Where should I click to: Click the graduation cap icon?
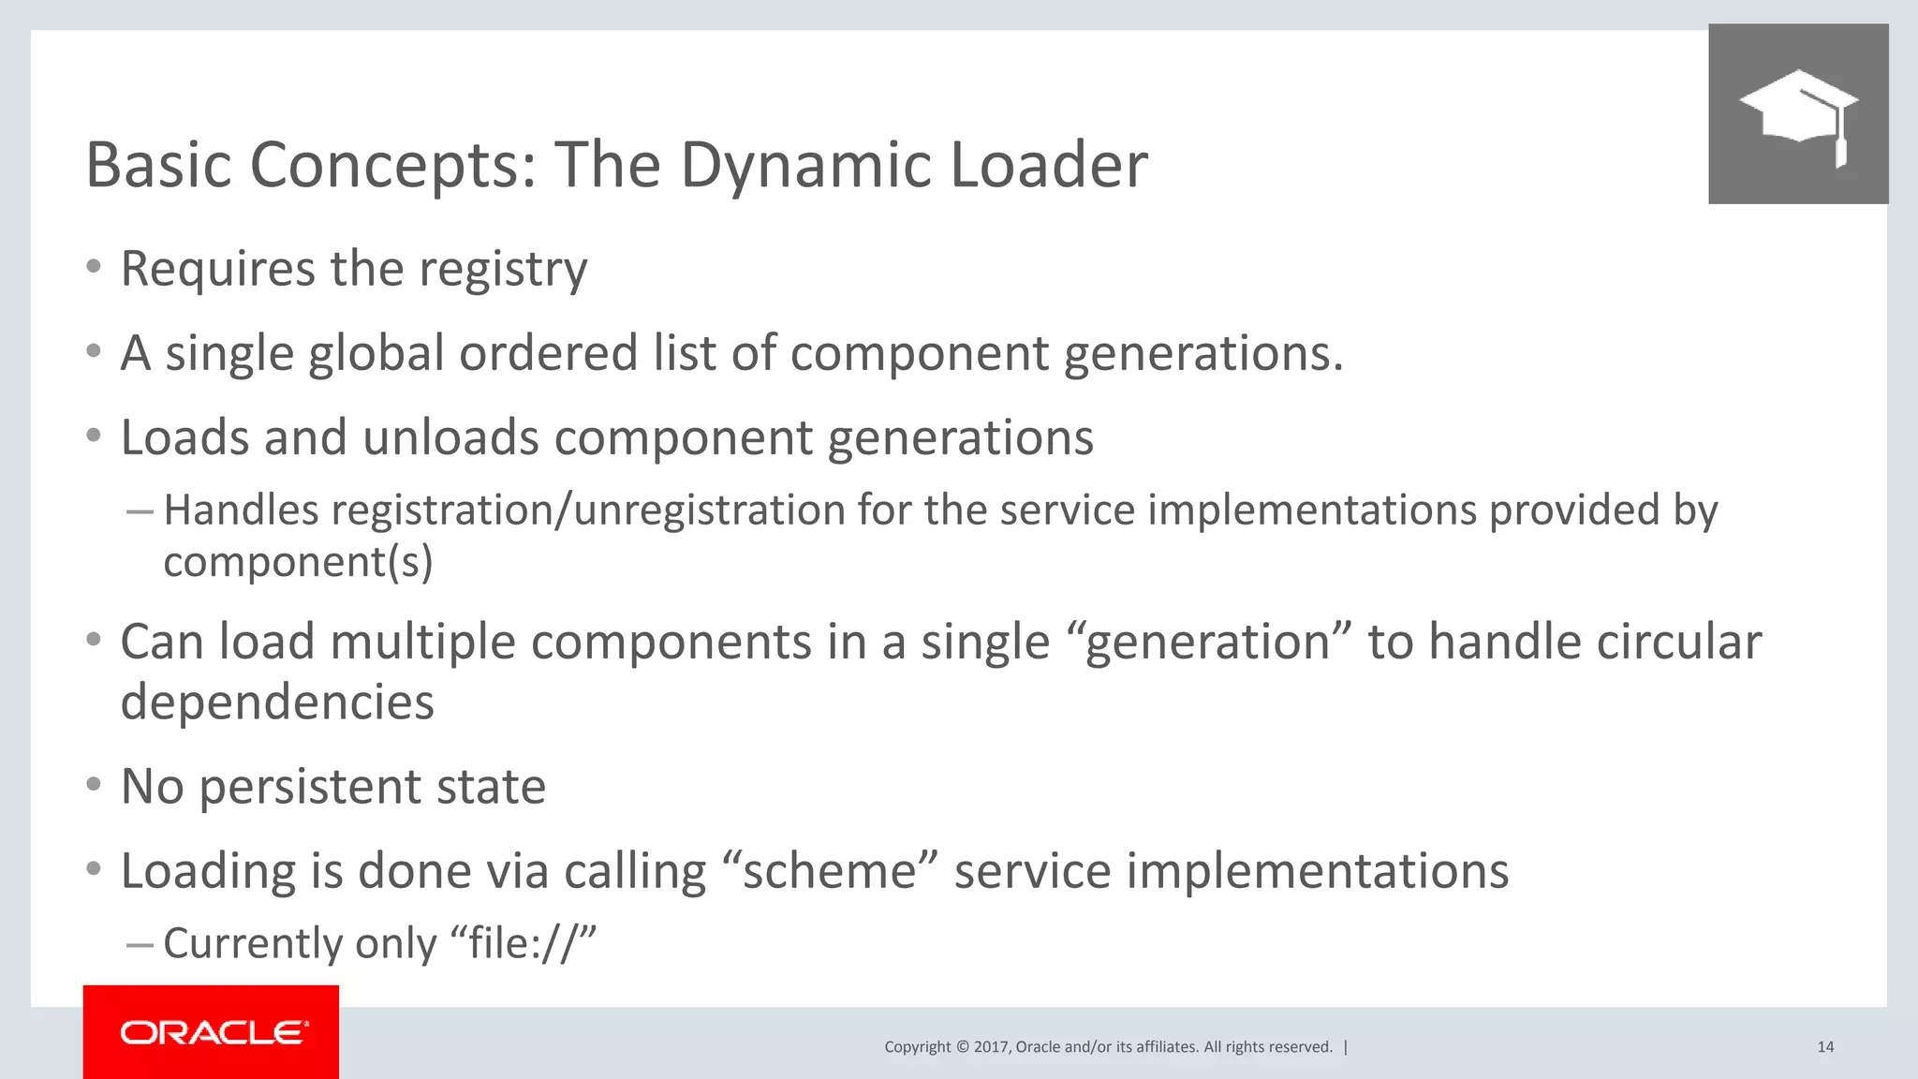[x=1798, y=114]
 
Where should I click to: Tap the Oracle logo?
[x=213, y=1032]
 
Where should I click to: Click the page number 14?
[x=1825, y=1047]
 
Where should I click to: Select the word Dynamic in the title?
[x=805, y=165]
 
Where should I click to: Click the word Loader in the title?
[x=1049, y=165]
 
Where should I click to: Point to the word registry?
[x=503, y=270]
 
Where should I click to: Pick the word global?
[x=376, y=354]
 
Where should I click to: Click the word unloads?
[x=450, y=437]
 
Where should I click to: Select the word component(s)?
[x=298, y=562]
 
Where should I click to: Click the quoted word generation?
[x=1208, y=643]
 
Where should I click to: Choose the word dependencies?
[x=277, y=702]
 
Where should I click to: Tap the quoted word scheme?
[x=829, y=871]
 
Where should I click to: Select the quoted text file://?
[x=524, y=943]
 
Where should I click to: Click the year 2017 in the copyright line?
[x=991, y=1047]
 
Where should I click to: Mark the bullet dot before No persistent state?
[x=93, y=785]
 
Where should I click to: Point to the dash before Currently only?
[x=139, y=944]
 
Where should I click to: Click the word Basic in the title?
[x=158, y=165]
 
